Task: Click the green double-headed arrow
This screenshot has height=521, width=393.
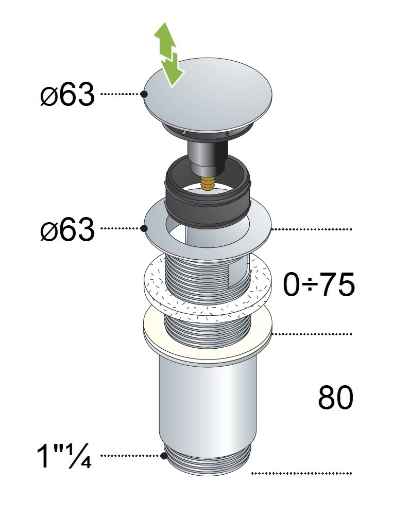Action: click(169, 55)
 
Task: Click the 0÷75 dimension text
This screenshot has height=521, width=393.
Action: click(319, 285)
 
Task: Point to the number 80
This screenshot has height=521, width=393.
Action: click(335, 398)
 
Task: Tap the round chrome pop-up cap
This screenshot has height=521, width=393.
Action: click(209, 94)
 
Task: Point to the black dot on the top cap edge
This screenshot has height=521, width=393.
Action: click(144, 94)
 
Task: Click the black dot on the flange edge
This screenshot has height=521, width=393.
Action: click(144, 228)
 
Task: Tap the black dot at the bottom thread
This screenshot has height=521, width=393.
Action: click(163, 456)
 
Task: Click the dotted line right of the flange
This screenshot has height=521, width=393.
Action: click(312, 229)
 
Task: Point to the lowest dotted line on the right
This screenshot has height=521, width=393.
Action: click(301, 473)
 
